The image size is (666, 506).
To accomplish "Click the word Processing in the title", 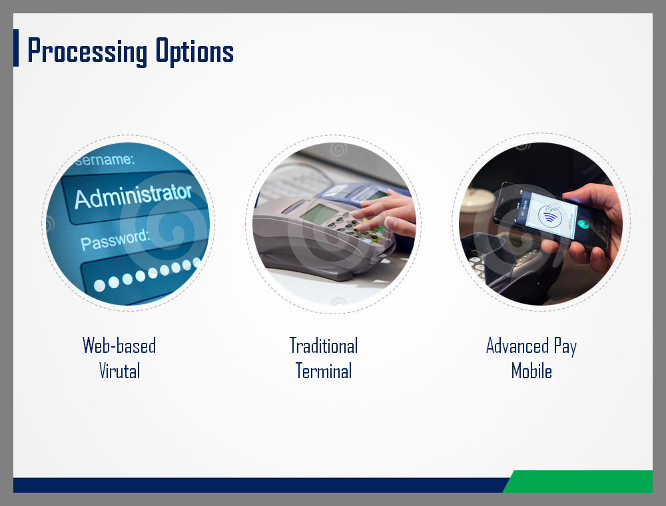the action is [x=87, y=51].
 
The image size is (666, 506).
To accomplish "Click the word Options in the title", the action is [x=194, y=51].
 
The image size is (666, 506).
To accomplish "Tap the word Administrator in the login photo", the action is [x=133, y=196].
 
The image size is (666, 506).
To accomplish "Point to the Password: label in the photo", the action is [x=115, y=240].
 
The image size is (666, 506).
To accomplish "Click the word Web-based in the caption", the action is [x=119, y=346].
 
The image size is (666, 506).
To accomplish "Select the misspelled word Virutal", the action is [x=119, y=371].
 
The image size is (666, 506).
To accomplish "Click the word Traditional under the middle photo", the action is [x=324, y=346].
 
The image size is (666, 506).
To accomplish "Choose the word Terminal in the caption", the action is [x=324, y=371].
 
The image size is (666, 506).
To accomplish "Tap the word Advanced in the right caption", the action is [x=517, y=346].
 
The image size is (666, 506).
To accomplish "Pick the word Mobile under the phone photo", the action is [x=531, y=371].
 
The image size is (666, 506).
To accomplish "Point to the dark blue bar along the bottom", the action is [x=259, y=485].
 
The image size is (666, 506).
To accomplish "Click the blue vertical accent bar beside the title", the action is [x=16, y=48].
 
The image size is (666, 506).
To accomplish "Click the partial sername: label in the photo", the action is [x=105, y=159].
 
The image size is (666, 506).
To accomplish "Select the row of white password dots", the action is [x=147, y=274].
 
